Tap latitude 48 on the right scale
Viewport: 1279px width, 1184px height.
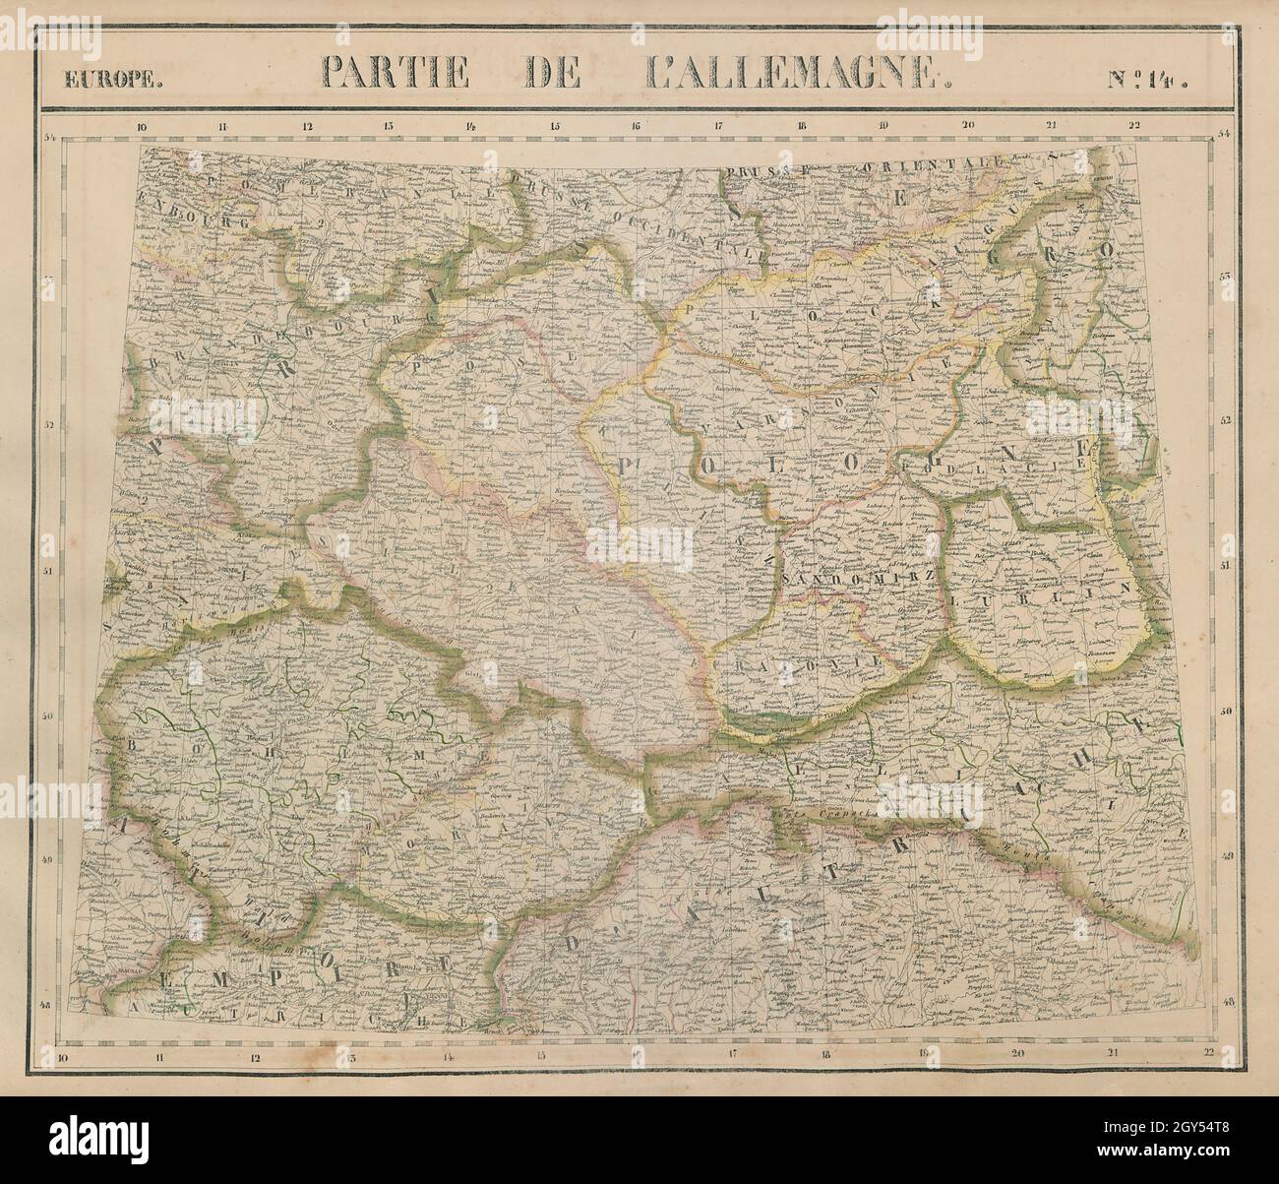1227,1001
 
